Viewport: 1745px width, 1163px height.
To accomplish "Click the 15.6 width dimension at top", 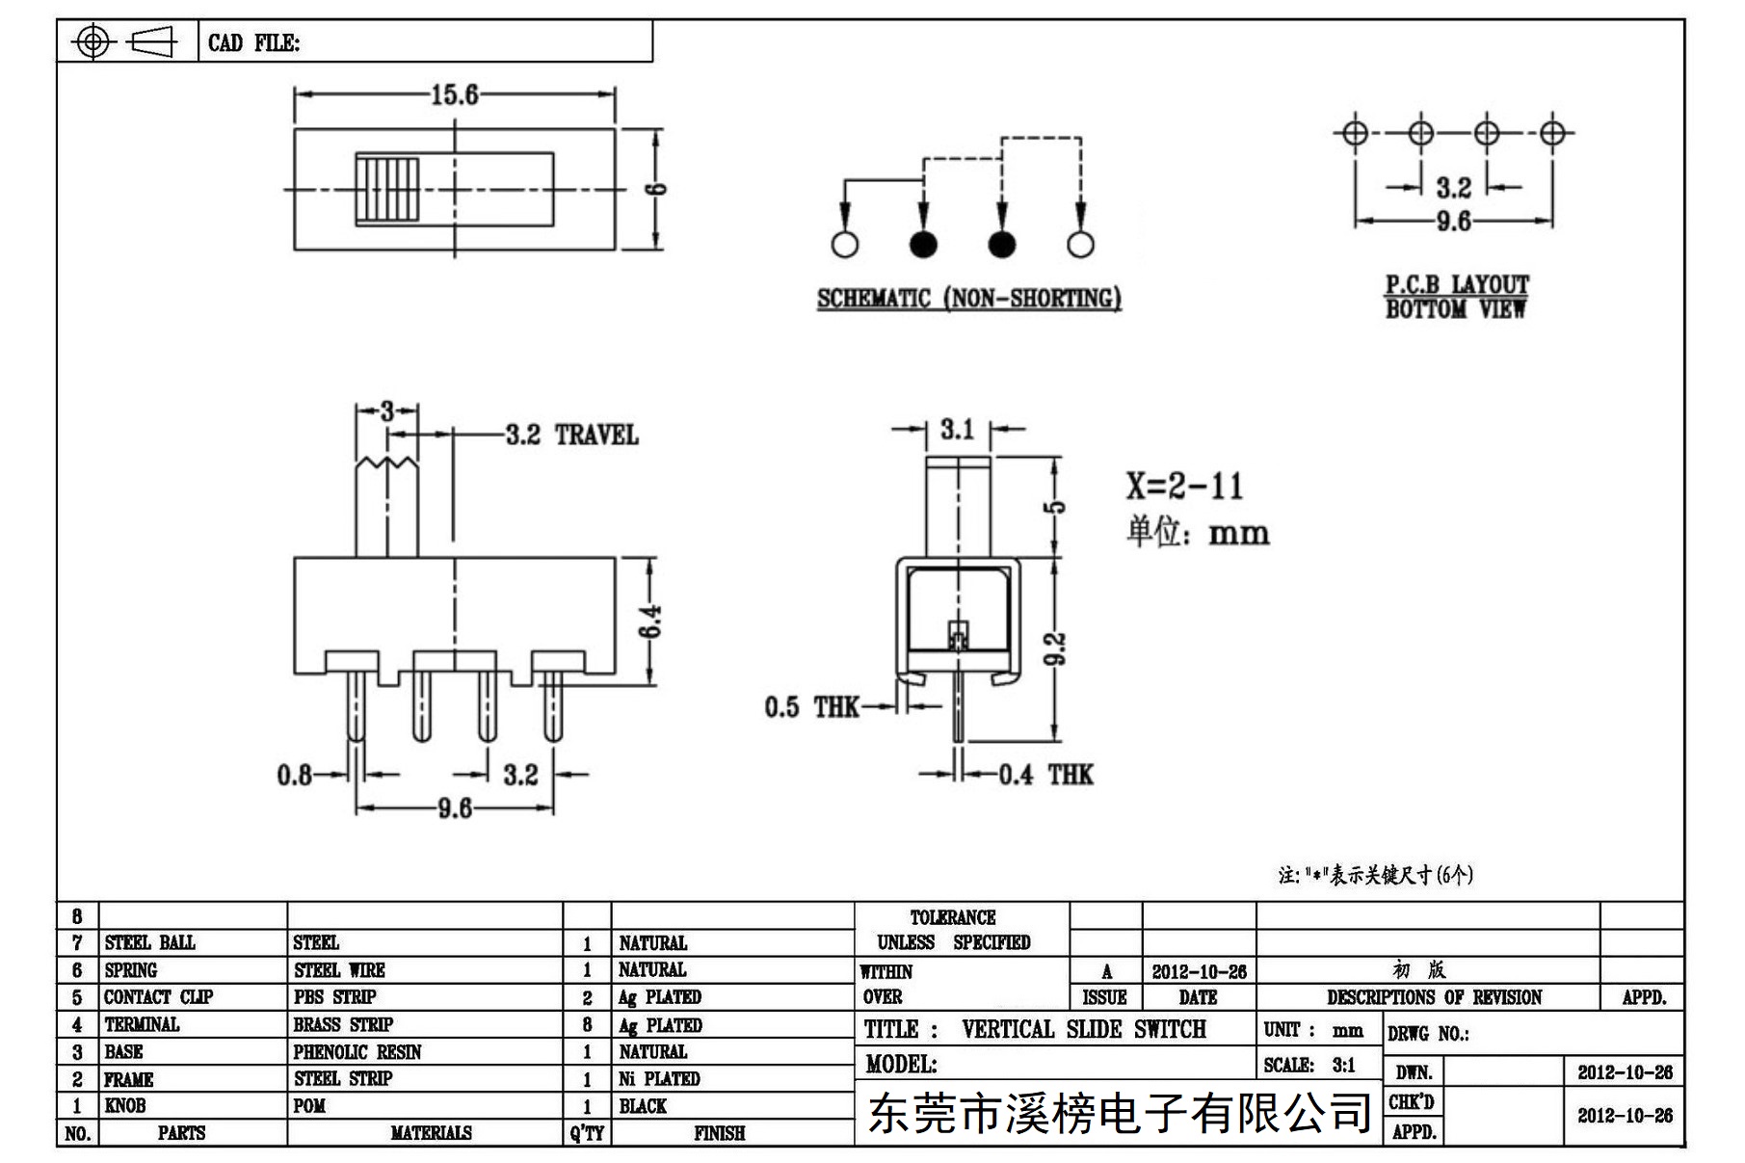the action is click(x=454, y=94).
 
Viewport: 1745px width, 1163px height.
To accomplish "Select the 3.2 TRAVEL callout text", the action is click(x=572, y=436).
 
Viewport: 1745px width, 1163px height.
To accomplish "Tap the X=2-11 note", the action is click(x=1185, y=486).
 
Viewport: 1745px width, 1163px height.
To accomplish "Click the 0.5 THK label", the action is click(x=811, y=707).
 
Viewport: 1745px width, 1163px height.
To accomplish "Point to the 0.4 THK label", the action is click(x=1045, y=775).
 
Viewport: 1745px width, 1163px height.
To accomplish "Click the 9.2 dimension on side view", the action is click(x=1056, y=648).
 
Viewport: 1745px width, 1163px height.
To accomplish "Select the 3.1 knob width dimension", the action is click(x=958, y=430).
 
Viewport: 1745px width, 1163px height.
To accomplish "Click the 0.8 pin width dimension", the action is click(x=295, y=775).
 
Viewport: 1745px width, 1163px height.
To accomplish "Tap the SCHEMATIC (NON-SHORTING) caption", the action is click(x=969, y=299).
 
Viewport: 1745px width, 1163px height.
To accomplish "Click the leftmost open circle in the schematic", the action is click(x=845, y=244).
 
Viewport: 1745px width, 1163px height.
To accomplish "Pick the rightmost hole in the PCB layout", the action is click(x=1551, y=132).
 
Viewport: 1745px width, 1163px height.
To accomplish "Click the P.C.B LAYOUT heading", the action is click(x=1457, y=285).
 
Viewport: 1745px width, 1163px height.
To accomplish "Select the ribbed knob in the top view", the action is click(x=388, y=189).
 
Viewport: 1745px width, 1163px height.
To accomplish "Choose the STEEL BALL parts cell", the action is click(x=149, y=942).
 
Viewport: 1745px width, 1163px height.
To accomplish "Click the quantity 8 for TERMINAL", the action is click(x=587, y=1025).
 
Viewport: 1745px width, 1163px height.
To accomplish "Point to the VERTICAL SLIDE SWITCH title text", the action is click(x=1084, y=1029).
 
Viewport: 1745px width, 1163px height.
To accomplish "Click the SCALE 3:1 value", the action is click(x=1343, y=1065).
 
